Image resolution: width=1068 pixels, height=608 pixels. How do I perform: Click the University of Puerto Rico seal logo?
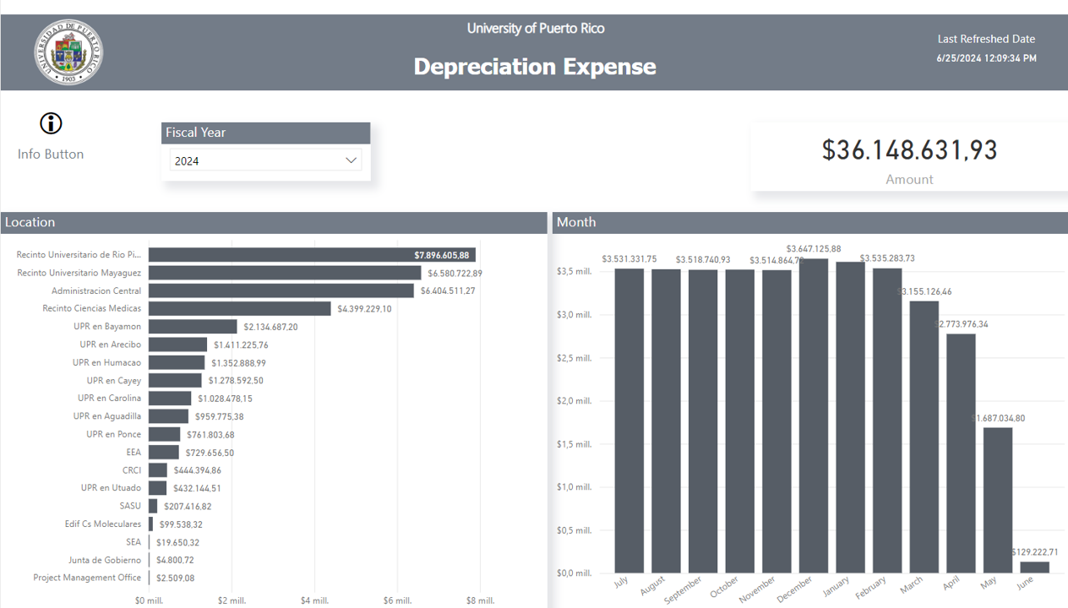click(68, 52)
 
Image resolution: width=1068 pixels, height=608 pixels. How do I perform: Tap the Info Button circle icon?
click(51, 123)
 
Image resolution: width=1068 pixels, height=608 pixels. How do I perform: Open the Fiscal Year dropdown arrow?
click(351, 160)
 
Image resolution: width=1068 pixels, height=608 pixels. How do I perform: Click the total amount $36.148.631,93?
click(909, 150)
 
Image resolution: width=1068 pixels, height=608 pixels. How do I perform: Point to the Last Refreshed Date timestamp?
click(986, 58)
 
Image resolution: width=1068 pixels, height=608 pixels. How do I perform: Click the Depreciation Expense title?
click(535, 67)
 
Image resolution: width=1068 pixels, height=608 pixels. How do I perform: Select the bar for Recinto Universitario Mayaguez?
click(285, 273)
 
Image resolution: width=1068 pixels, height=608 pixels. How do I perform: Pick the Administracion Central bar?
click(281, 290)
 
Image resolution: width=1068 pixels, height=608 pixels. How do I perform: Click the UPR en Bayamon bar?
click(193, 327)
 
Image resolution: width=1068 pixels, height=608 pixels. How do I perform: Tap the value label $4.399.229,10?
click(364, 309)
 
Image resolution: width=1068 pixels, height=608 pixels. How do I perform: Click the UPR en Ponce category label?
click(113, 434)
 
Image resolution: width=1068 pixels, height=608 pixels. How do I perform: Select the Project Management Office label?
click(87, 578)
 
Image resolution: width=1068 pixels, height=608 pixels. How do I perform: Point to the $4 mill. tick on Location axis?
click(314, 600)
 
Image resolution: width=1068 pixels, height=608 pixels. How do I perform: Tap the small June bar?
click(1034, 567)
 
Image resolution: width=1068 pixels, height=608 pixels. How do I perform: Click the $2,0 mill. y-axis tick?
click(574, 401)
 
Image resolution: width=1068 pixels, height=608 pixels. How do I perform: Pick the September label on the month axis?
click(683, 589)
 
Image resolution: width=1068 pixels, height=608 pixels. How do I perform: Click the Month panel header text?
click(576, 222)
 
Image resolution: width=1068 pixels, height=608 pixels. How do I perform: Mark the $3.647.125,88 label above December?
click(814, 249)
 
